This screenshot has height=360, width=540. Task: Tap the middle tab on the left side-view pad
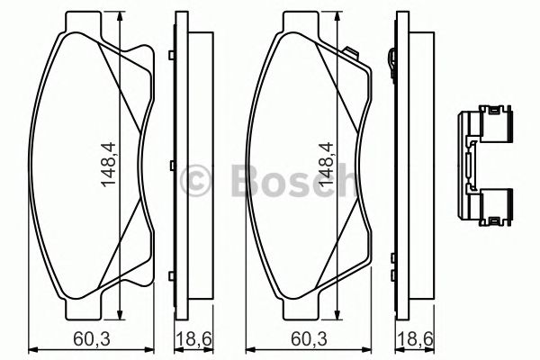point(170,167)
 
